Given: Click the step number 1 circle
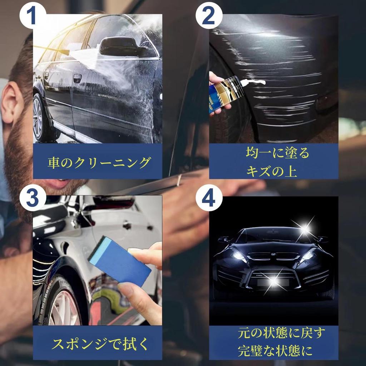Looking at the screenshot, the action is pyautogui.click(x=33, y=16).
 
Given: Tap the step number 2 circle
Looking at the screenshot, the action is pyautogui.click(x=209, y=16).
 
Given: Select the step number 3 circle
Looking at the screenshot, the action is pyautogui.click(x=33, y=198).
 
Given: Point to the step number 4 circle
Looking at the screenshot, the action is pyautogui.click(x=209, y=198).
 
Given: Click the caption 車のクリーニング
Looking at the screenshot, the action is pyautogui.click(x=99, y=163).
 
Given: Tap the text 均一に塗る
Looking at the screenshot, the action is pyautogui.click(x=277, y=153).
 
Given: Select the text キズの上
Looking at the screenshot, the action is pyautogui.click(x=272, y=171).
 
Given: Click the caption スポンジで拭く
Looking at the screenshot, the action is pyautogui.click(x=100, y=343).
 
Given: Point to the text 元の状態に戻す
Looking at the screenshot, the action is pyautogui.click(x=281, y=333).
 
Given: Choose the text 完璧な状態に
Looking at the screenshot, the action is pyautogui.click(x=275, y=351).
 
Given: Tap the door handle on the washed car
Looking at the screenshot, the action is pyautogui.click(x=77, y=78).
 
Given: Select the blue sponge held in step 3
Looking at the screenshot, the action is pyautogui.click(x=120, y=260).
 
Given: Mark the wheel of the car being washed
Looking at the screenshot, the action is pyautogui.click(x=40, y=118).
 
